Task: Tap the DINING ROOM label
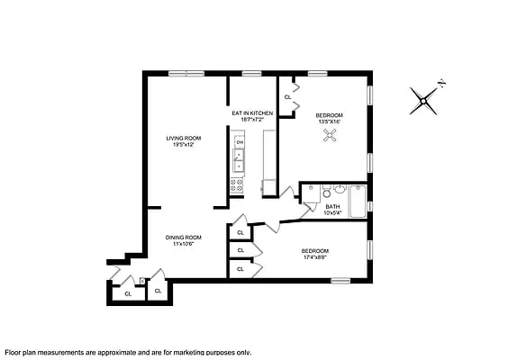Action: click(x=182, y=237)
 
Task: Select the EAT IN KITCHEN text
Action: click(x=252, y=112)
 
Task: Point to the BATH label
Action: click(x=332, y=206)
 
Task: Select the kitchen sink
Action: click(x=239, y=160)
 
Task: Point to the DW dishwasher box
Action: click(x=239, y=142)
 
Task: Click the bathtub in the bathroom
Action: click(x=358, y=201)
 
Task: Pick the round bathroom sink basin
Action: click(x=339, y=190)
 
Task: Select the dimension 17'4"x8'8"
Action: click(x=314, y=257)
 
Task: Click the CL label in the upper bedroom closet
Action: click(x=287, y=96)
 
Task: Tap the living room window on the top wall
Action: click(x=186, y=73)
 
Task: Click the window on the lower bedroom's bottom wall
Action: click(x=340, y=281)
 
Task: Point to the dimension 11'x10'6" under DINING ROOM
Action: click(x=182, y=244)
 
